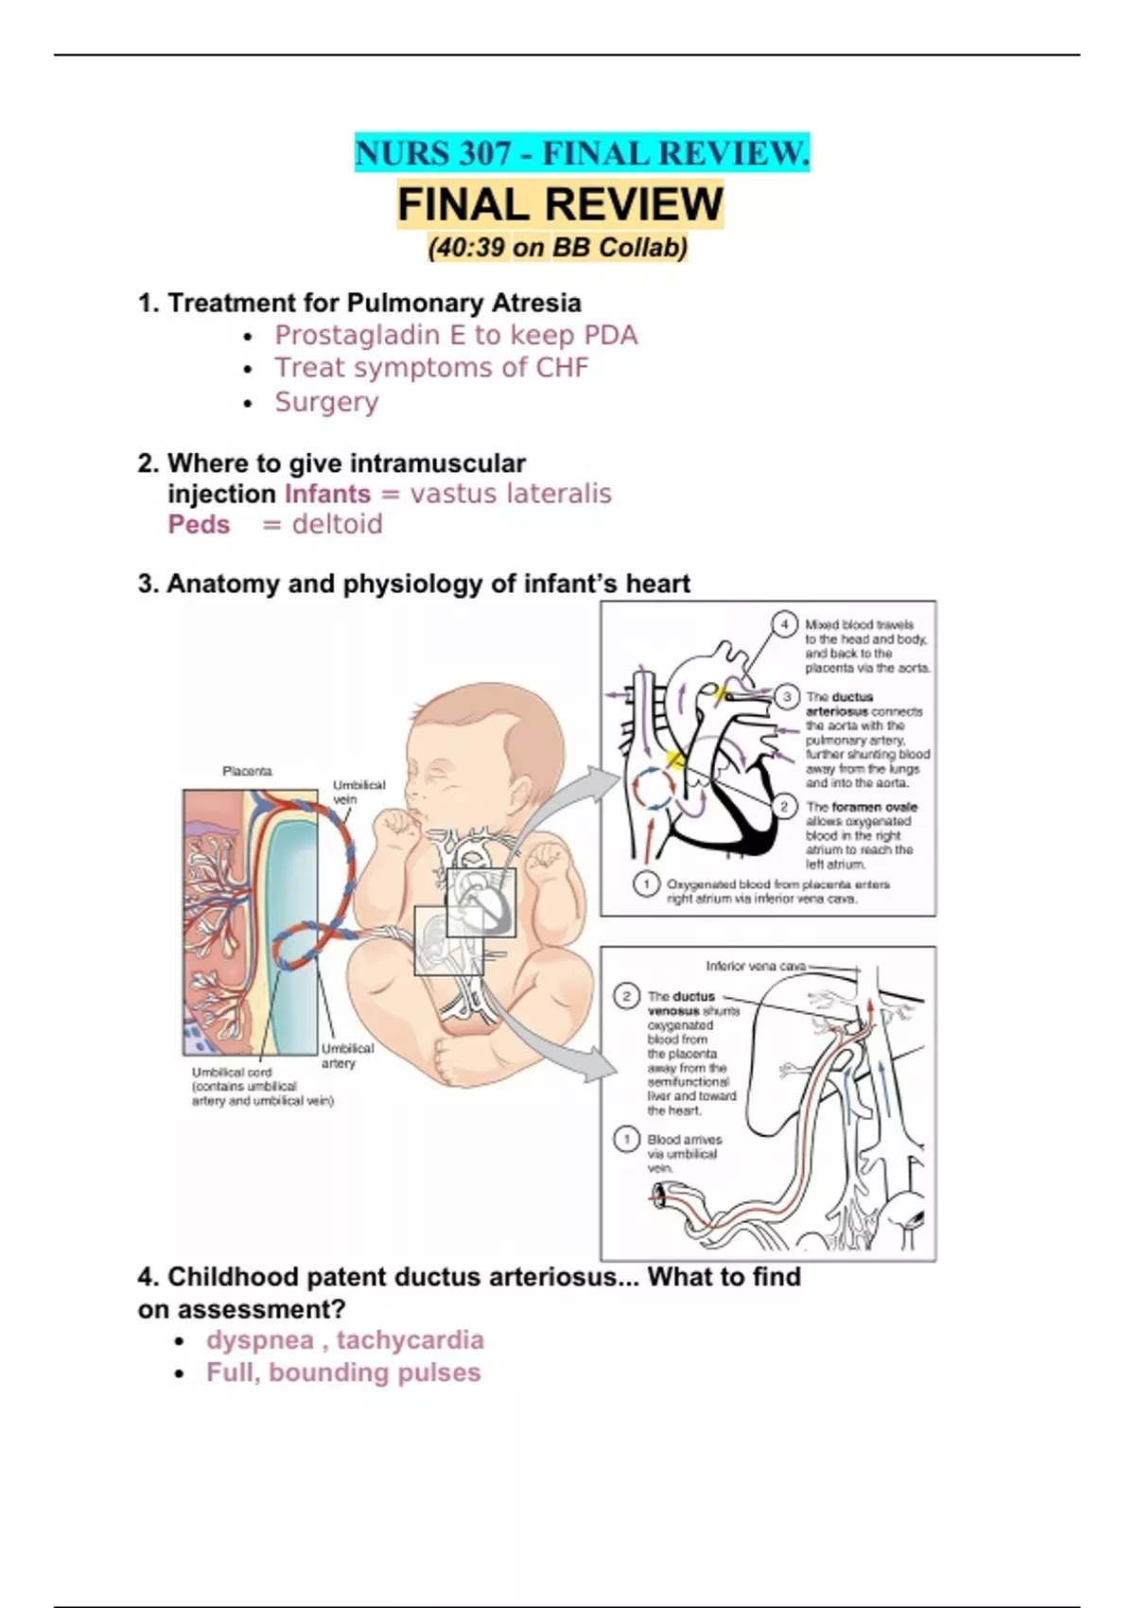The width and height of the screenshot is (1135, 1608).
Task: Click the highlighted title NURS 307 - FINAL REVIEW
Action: pos(582,153)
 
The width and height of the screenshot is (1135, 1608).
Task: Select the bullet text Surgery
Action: pos(326,402)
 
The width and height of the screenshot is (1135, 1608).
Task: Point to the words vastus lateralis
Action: pos(511,494)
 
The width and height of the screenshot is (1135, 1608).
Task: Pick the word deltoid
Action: pos(338,524)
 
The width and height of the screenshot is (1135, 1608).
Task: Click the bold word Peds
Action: pos(199,524)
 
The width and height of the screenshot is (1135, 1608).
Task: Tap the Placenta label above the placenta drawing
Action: pos(247,771)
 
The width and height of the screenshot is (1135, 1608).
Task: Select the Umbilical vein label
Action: pos(358,792)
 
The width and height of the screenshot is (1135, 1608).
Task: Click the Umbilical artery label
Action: pos(347,1056)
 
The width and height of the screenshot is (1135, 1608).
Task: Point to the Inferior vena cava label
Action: pos(756,966)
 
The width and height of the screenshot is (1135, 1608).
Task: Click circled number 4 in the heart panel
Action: pos(784,624)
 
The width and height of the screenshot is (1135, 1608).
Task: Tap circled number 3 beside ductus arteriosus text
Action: pos(787,697)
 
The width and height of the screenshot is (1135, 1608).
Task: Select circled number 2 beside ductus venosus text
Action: pos(626,996)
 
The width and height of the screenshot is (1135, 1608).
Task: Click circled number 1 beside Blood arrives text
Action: pos(626,1139)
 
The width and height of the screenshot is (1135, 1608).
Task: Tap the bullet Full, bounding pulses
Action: pos(343,1372)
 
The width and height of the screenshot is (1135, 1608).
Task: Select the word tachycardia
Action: pos(410,1340)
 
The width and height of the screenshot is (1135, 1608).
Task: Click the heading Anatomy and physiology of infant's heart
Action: pos(414,584)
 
